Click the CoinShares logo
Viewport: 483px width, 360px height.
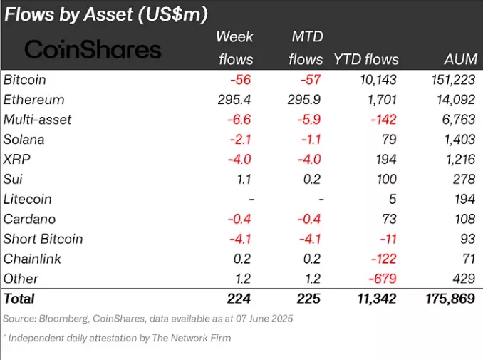(93, 49)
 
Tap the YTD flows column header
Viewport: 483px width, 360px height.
(365, 59)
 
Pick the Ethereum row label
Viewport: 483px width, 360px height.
(33, 99)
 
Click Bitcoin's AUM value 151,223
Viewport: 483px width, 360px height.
(448, 79)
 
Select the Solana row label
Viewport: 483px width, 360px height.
(25, 139)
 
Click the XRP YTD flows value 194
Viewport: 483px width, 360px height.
(387, 159)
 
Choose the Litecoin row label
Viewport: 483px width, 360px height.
(28, 199)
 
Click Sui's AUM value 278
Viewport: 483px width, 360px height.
(464, 179)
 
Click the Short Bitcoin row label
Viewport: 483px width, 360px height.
(43, 239)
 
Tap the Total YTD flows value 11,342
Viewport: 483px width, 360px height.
(374, 299)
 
